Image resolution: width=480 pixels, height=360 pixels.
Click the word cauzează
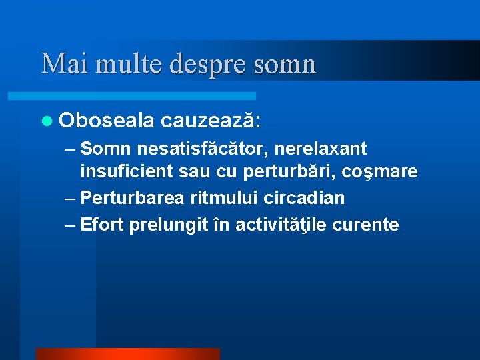pos(210,121)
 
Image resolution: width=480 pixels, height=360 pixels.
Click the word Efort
pos(101,225)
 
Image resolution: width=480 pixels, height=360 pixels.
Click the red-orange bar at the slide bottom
pos(127,354)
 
